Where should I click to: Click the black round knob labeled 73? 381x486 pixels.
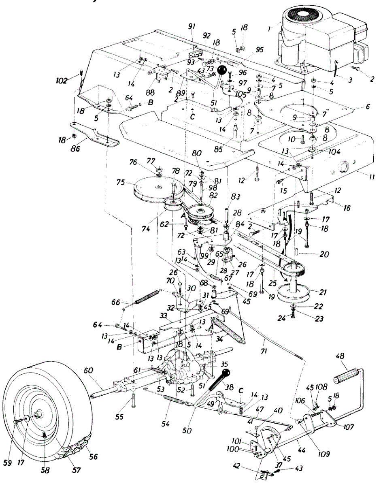(221, 70)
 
